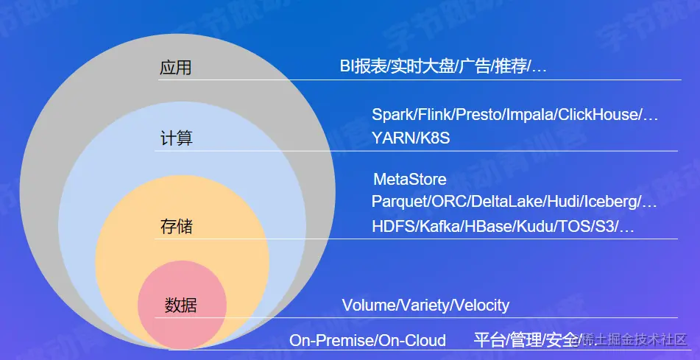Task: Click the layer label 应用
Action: click(175, 68)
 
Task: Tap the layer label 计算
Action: click(177, 138)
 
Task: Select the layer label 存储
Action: click(177, 227)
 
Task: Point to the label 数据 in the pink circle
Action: click(181, 306)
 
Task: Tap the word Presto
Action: click(478, 115)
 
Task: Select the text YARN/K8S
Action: click(411, 138)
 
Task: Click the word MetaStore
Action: click(410, 180)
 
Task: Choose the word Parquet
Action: click(399, 202)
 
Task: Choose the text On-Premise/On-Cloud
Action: click(367, 341)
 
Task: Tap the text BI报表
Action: click(363, 67)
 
